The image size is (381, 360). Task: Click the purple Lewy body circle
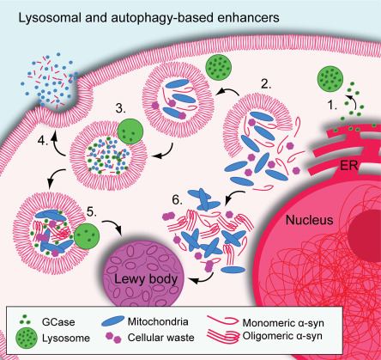(x=143, y=274)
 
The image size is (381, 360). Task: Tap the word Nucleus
(x=310, y=220)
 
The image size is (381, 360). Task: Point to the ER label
(x=349, y=165)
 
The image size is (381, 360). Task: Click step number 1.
(x=332, y=106)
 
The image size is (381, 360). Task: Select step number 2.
(x=266, y=83)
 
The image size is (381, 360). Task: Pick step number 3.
(x=121, y=108)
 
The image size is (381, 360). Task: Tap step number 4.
(x=43, y=141)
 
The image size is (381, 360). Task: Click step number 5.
(x=92, y=211)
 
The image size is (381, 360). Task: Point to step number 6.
(x=178, y=200)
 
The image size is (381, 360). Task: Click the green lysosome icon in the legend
(x=27, y=338)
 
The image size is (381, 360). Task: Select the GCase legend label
(x=58, y=322)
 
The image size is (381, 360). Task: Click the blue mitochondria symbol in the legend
(x=113, y=321)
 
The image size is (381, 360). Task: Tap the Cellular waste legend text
(x=160, y=337)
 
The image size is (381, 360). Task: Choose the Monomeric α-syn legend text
(x=283, y=323)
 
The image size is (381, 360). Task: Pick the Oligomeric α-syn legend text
(x=282, y=335)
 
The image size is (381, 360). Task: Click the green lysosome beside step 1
(x=330, y=79)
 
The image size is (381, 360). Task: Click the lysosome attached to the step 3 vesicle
(x=130, y=131)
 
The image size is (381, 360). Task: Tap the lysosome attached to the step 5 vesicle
(x=87, y=236)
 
